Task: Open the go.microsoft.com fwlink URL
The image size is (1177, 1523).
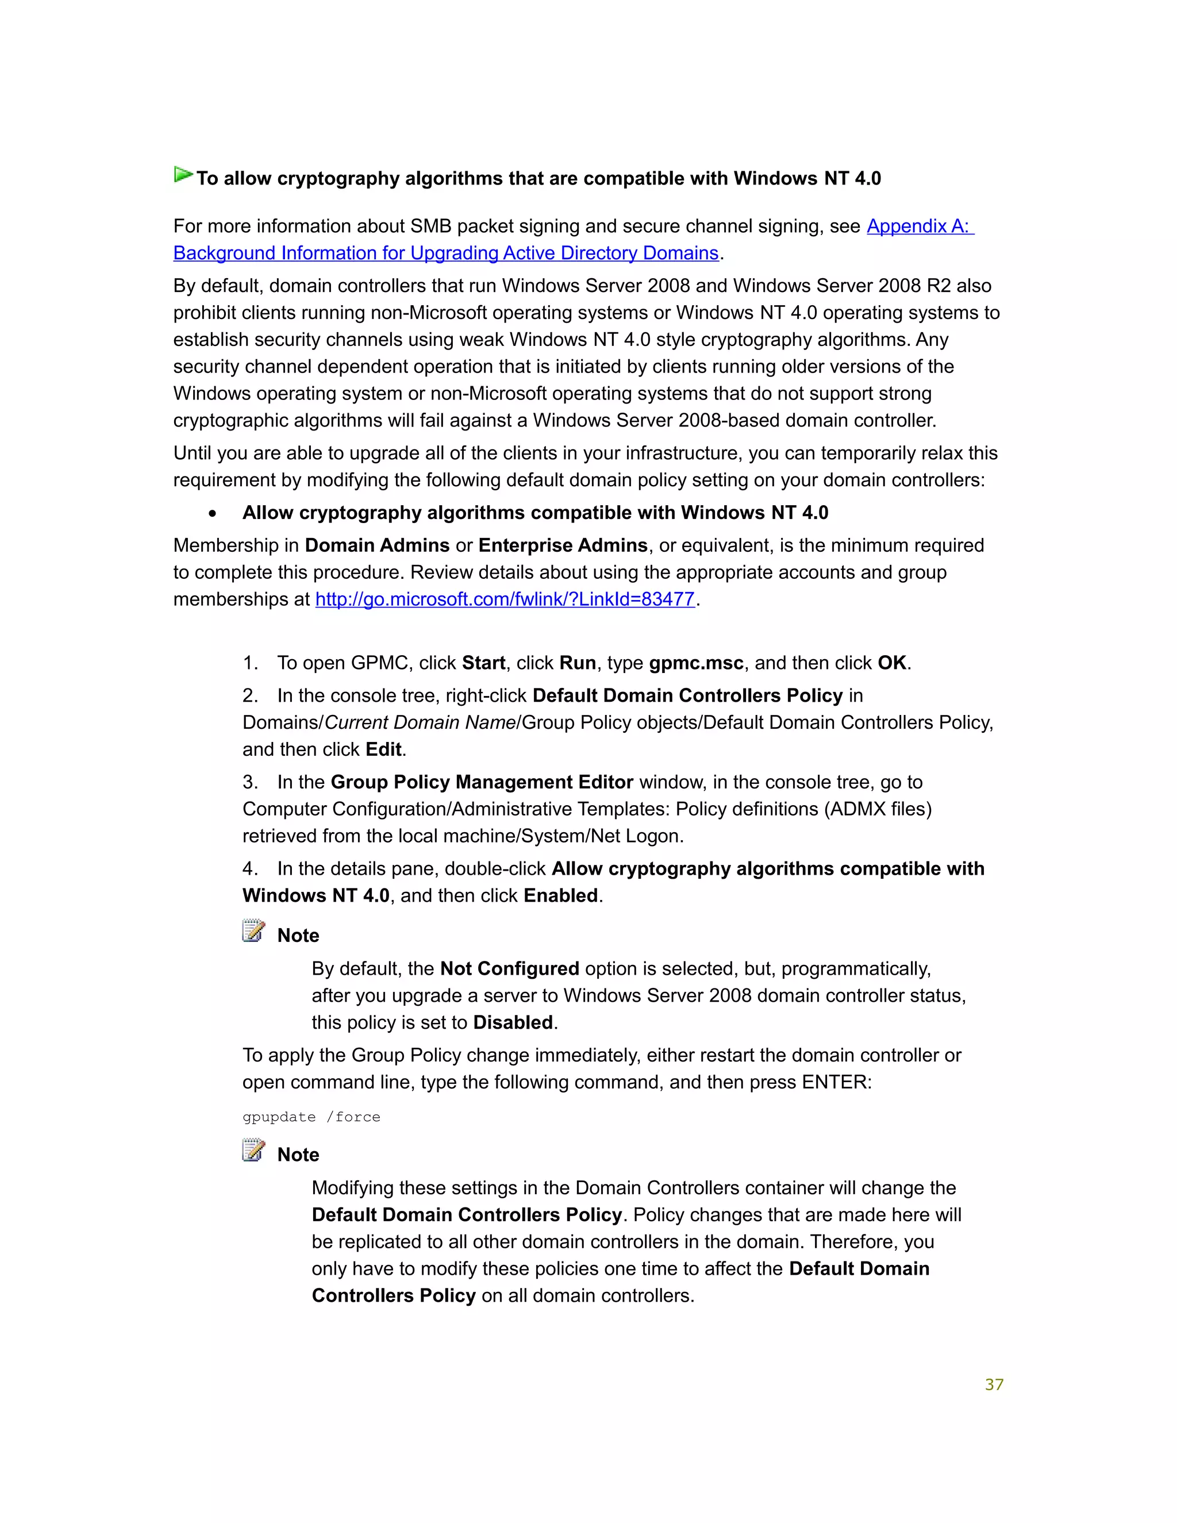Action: tap(505, 599)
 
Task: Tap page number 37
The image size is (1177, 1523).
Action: tap(994, 1384)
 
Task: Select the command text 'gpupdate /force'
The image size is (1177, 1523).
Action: tap(311, 1117)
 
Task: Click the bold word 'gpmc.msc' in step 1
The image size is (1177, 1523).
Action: tap(696, 663)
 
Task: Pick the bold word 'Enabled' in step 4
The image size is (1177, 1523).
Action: tap(560, 895)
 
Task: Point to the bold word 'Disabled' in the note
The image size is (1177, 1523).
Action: tap(513, 1022)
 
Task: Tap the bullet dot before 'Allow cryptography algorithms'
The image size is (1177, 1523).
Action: tap(212, 514)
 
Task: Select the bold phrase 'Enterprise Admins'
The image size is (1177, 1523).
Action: tap(563, 545)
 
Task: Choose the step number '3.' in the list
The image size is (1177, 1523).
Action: tap(251, 782)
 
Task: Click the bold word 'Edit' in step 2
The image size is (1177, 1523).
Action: tap(383, 749)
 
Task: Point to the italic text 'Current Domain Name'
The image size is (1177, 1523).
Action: tap(420, 722)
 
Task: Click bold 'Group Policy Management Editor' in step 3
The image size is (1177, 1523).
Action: tap(482, 782)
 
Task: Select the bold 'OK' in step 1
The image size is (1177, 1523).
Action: tap(892, 663)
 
